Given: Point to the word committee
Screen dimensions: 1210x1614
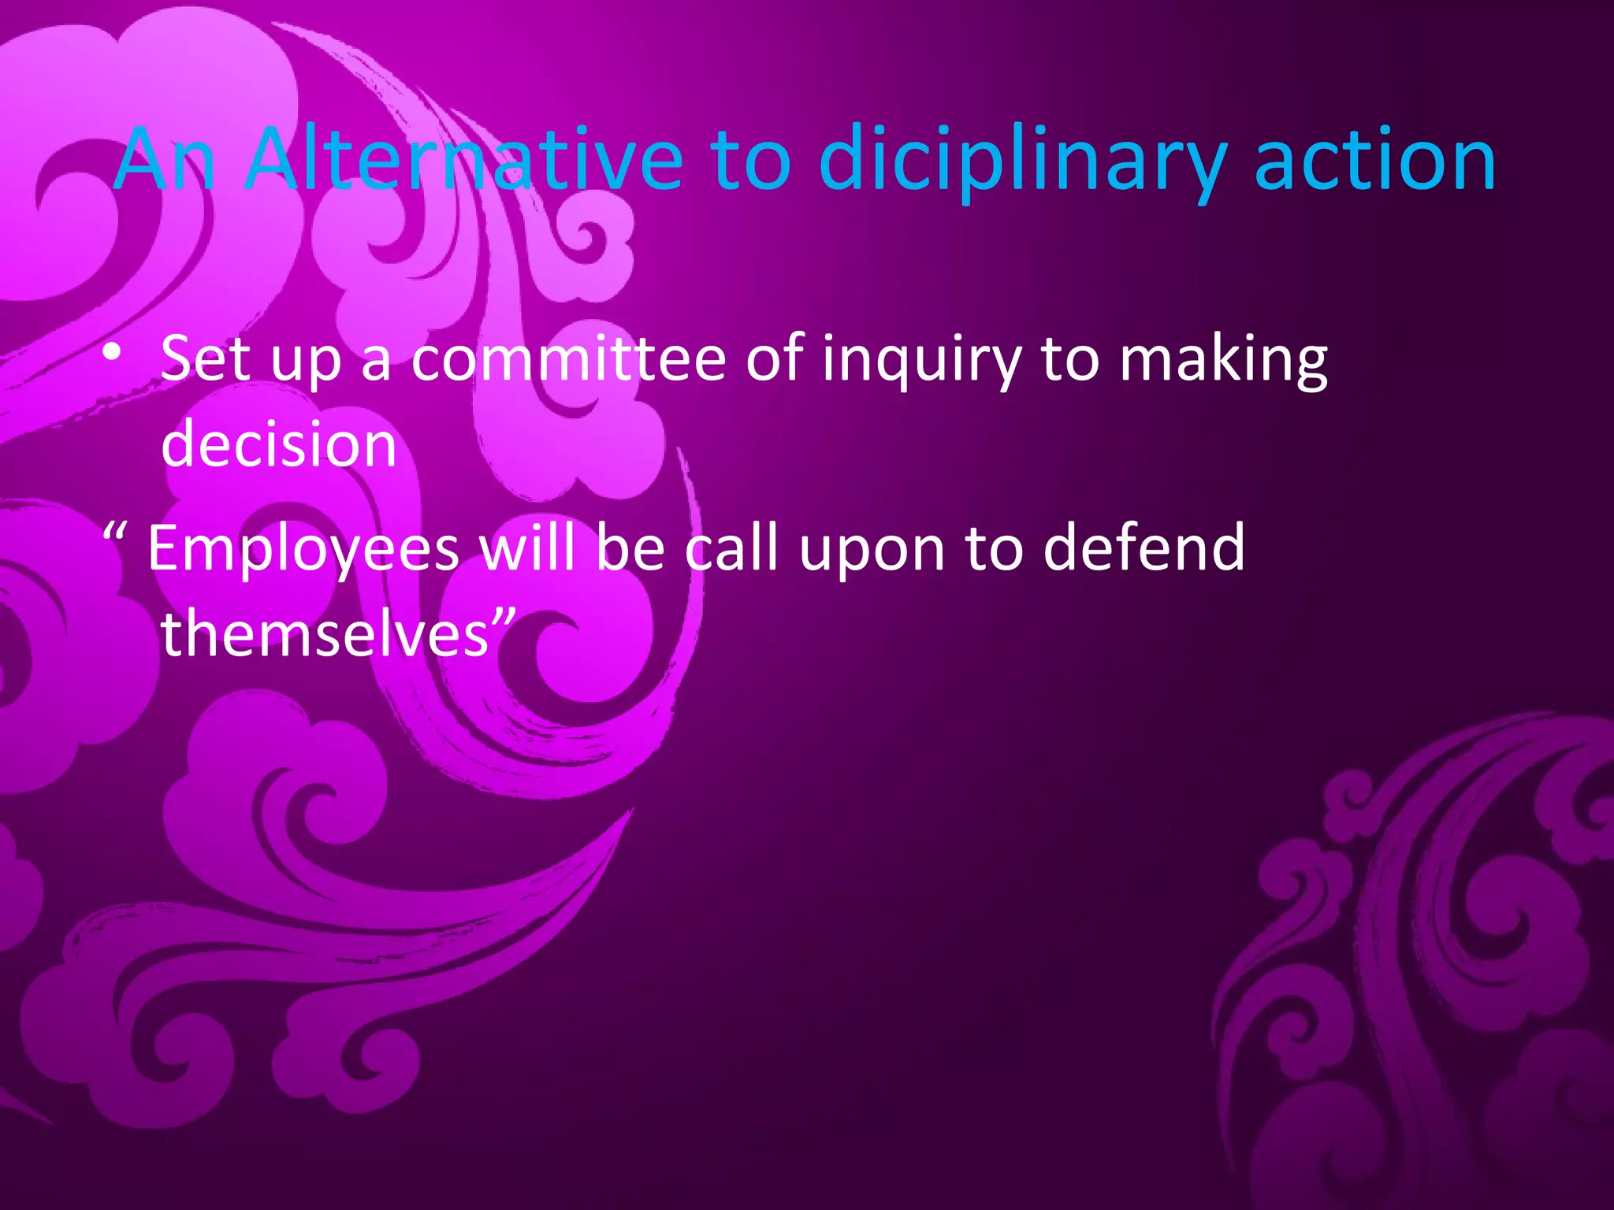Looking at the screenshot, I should coord(568,358).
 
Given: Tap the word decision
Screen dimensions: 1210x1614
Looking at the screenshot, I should coord(278,444).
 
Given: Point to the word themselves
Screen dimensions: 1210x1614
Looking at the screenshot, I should coord(325,633).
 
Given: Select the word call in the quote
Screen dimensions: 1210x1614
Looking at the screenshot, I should coord(731,547).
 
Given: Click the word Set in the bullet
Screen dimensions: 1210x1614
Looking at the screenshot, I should coord(205,358).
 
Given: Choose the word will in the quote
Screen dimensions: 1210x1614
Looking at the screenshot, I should coord(527,547).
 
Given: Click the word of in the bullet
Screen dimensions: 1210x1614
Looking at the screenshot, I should coord(773,358).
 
